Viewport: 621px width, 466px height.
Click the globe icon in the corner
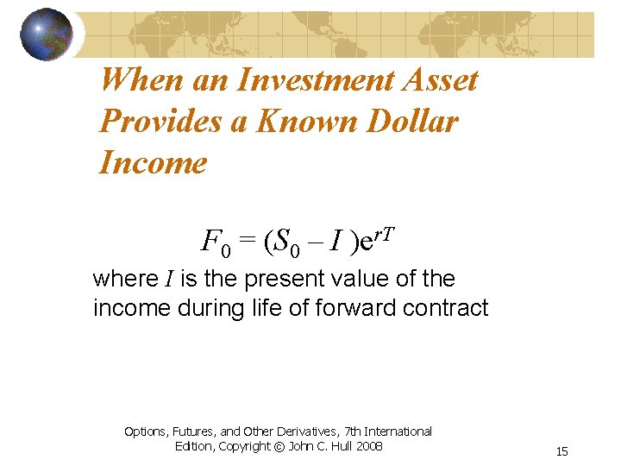click(x=47, y=35)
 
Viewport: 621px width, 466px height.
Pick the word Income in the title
click(x=154, y=162)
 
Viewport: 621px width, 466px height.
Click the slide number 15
click(x=561, y=451)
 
